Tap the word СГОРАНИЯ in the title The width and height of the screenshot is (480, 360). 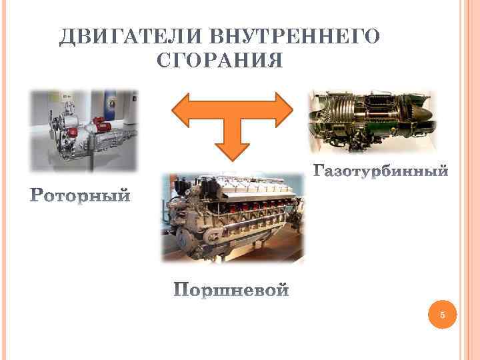click(220, 61)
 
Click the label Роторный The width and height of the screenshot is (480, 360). click(81, 197)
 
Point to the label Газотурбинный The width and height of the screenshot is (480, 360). click(381, 173)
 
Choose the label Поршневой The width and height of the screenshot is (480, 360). click(232, 291)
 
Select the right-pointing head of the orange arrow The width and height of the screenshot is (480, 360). click(283, 110)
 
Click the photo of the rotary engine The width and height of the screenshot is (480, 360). click(83, 130)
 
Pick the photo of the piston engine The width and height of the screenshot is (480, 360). click(233, 217)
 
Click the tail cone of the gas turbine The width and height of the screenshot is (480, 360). click(420, 117)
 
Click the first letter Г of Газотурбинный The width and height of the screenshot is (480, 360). click(318, 173)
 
